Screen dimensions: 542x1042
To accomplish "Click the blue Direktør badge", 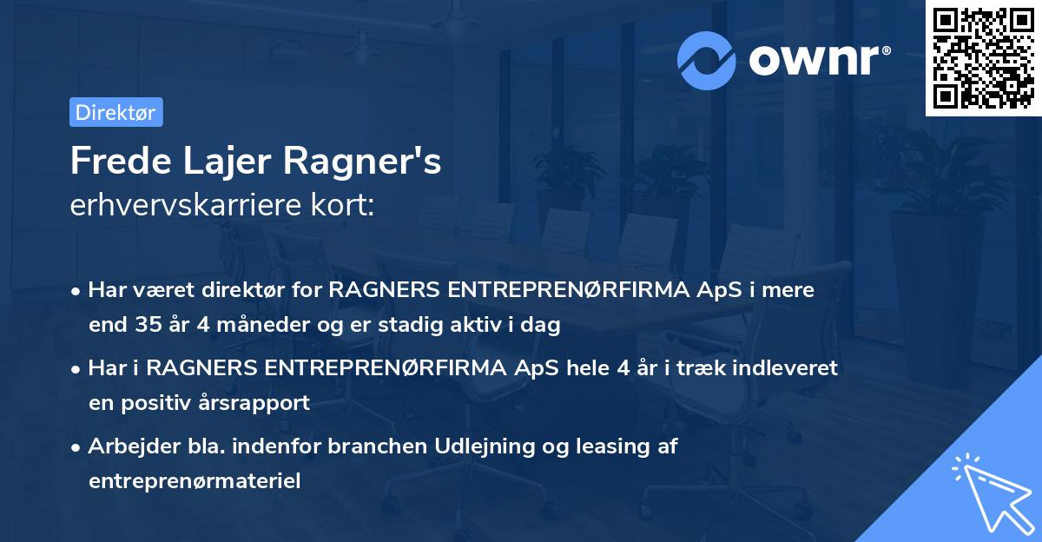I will point(115,112).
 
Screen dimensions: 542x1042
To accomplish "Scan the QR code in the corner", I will point(981,57).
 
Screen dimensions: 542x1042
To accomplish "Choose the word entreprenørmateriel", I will point(195,481).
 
